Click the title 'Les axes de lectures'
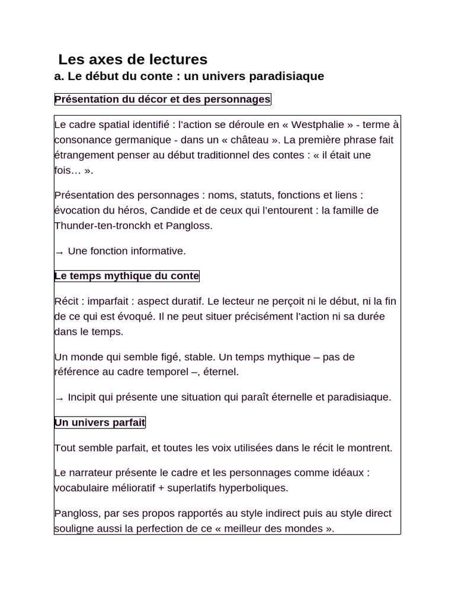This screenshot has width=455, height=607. click(x=133, y=59)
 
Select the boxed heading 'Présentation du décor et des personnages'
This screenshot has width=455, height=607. click(x=162, y=99)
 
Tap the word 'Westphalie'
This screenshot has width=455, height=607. click(x=318, y=124)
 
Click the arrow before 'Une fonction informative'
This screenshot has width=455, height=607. click(x=59, y=252)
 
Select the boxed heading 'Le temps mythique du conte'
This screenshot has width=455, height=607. click(x=127, y=276)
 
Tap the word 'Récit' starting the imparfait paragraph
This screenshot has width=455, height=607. click(x=68, y=301)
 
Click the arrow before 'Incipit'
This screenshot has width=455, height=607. click(x=59, y=398)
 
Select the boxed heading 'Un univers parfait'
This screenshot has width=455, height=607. click(x=100, y=422)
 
